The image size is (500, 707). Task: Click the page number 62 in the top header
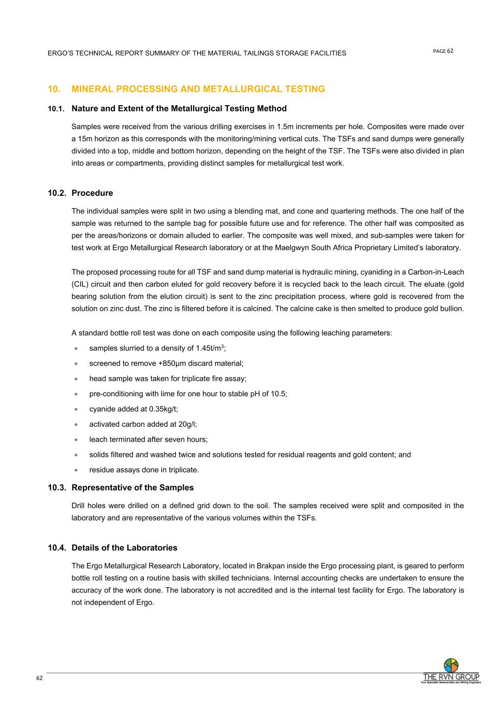click(450, 51)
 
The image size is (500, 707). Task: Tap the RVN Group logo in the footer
click(451, 672)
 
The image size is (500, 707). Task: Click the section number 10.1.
click(56, 109)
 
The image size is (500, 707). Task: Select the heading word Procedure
click(92, 193)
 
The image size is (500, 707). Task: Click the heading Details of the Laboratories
click(124, 548)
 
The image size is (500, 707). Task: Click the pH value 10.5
click(278, 394)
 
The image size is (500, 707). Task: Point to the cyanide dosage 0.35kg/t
click(163, 409)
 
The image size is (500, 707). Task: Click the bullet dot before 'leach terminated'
click(77, 440)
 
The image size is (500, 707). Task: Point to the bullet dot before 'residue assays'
click(77, 470)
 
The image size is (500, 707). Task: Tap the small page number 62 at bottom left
click(39, 678)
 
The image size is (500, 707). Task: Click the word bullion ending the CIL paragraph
click(451, 309)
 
